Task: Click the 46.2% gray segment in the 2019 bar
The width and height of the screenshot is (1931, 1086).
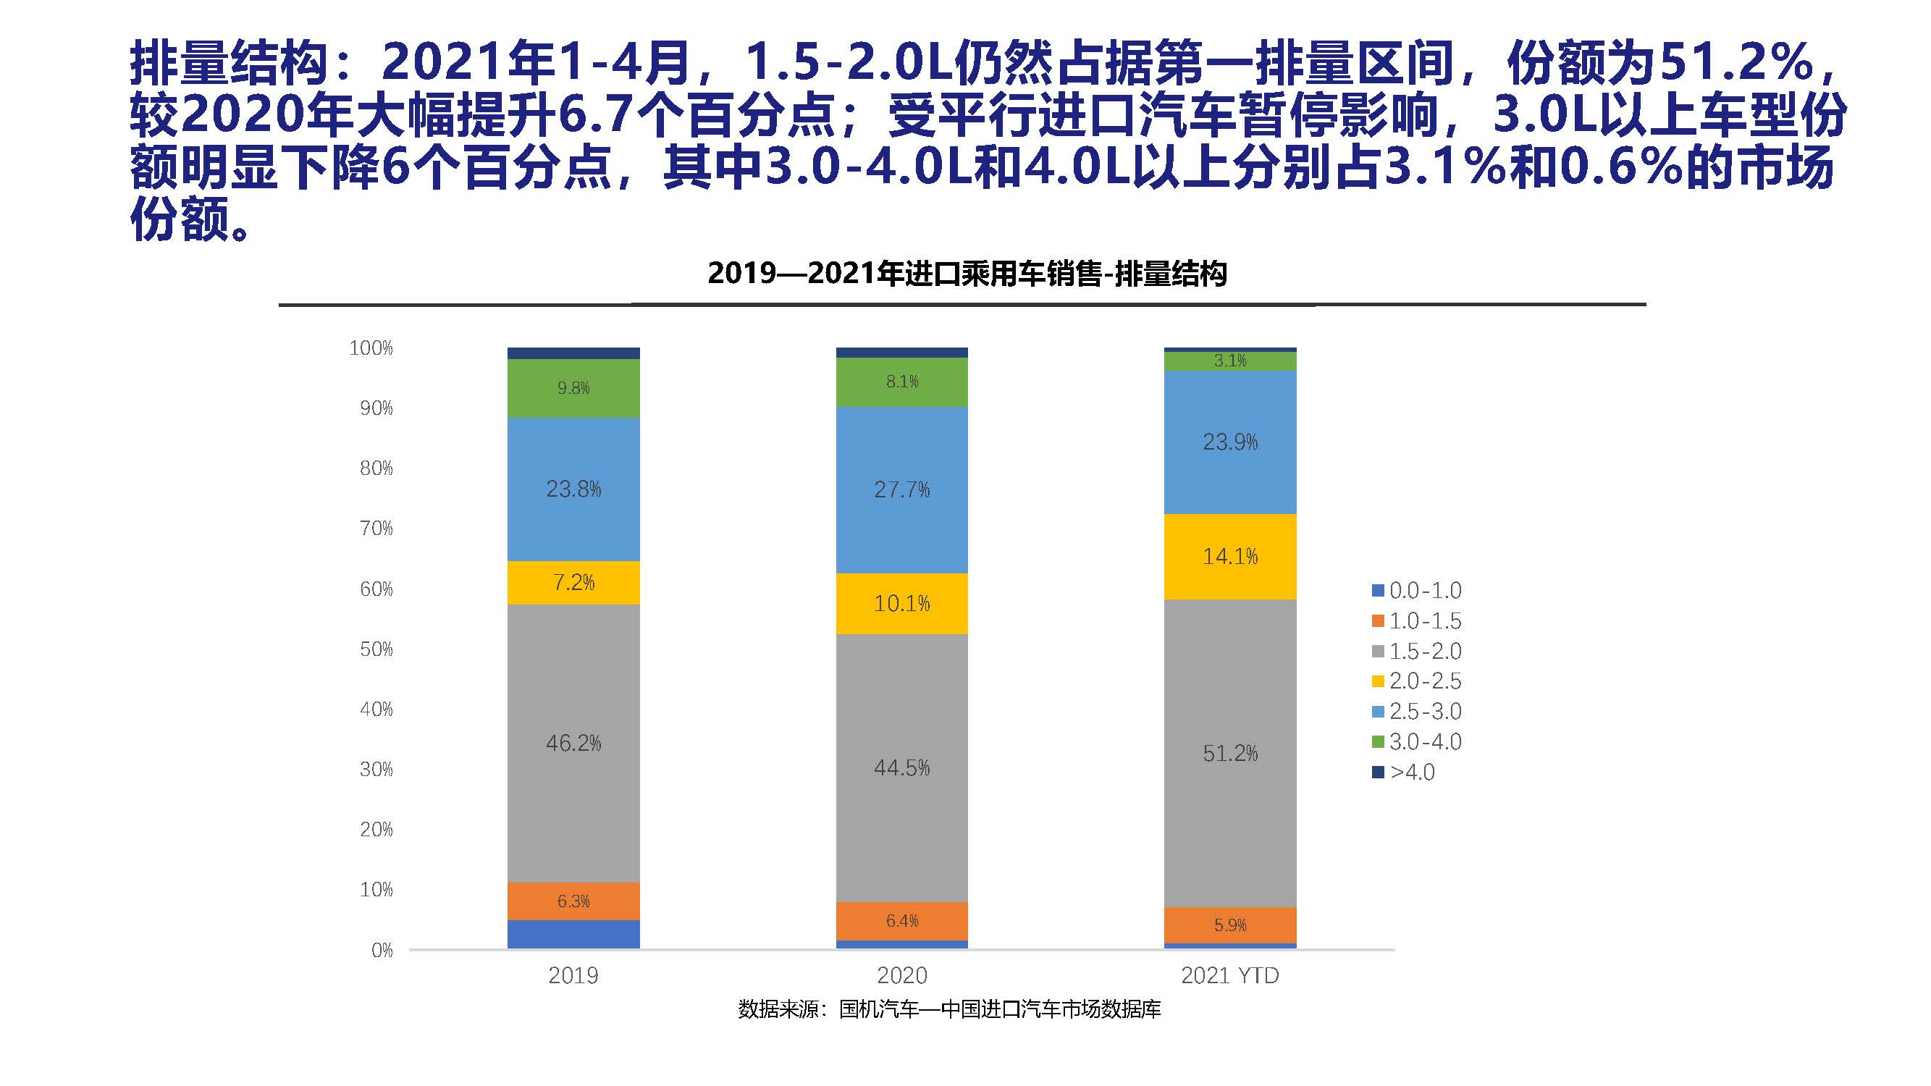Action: click(573, 743)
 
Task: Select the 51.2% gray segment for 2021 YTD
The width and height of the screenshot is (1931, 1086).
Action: click(1230, 753)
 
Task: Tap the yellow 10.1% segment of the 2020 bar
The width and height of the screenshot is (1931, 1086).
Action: click(901, 603)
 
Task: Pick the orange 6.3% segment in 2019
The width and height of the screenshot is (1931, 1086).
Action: click(573, 901)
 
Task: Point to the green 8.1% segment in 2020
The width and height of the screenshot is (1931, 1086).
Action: click(901, 382)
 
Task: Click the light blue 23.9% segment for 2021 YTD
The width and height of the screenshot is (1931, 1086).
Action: click(1230, 442)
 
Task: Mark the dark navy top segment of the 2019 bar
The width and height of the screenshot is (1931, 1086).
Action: click(573, 353)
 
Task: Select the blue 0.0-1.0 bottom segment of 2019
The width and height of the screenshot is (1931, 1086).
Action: click(573, 934)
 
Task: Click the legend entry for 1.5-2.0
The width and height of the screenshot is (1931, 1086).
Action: click(1417, 651)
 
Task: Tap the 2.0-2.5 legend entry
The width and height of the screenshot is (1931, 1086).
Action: click(1417, 681)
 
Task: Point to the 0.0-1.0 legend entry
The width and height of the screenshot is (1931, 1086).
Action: click(1417, 591)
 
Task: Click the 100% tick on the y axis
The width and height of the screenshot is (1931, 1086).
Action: click(371, 348)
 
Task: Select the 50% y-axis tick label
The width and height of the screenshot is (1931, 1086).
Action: click(376, 649)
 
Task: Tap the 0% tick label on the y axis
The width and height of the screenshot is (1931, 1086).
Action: click(382, 951)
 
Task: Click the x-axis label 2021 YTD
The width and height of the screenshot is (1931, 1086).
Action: click(1230, 975)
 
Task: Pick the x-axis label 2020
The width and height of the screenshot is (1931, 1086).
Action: click(901, 975)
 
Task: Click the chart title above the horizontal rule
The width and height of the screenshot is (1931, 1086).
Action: click(967, 274)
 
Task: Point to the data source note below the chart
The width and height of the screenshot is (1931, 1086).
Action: click(949, 1009)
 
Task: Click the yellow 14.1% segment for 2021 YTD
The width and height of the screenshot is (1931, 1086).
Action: click(1230, 556)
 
